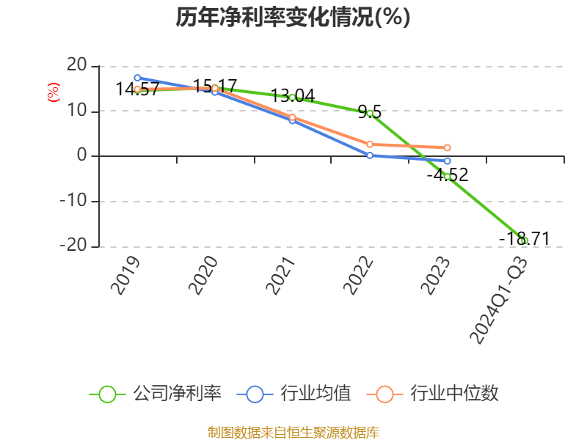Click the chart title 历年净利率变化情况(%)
(293, 17)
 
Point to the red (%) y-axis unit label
(53, 92)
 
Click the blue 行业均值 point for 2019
(137, 78)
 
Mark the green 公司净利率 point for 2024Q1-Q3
(524, 241)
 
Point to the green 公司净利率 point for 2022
(370, 113)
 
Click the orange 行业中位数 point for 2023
(447, 147)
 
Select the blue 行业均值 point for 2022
(370, 155)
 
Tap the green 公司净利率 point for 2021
(292, 97)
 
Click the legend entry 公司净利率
(156, 394)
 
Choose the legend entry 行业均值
(294, 394)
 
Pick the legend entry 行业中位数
(437, 394)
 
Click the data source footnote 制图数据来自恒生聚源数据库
(293, 432)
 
